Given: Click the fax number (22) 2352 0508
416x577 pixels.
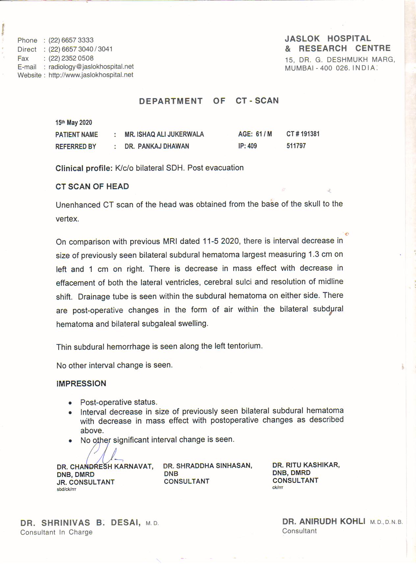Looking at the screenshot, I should point(71,58).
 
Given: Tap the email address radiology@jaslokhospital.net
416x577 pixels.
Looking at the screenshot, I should point(91,66).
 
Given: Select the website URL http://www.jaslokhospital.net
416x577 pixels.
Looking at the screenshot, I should point(91,75).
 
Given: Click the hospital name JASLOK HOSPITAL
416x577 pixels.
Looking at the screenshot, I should point(328,39).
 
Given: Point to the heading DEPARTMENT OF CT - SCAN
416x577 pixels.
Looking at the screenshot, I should point(209,101).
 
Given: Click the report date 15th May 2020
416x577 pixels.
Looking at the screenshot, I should point(74,123).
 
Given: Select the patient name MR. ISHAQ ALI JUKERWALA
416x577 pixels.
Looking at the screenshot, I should point(164,134).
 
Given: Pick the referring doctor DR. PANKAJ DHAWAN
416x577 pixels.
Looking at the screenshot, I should point(157,146).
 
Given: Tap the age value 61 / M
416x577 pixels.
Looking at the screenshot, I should point(264,134).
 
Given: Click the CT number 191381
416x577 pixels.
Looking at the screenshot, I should point(310,134).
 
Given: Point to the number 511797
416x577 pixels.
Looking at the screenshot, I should point(296,146).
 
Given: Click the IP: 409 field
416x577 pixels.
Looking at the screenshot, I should point(247,146).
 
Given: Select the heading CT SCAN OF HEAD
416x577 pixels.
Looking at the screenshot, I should point(92,187).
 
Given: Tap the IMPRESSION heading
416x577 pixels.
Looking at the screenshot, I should point(81,383).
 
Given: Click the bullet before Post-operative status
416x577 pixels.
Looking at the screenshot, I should point(70,403).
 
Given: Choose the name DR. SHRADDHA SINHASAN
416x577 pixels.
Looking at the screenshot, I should point(208,466).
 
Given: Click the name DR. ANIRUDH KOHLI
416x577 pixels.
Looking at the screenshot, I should point(324,521).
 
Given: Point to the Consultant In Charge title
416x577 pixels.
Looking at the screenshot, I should point(56,532).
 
